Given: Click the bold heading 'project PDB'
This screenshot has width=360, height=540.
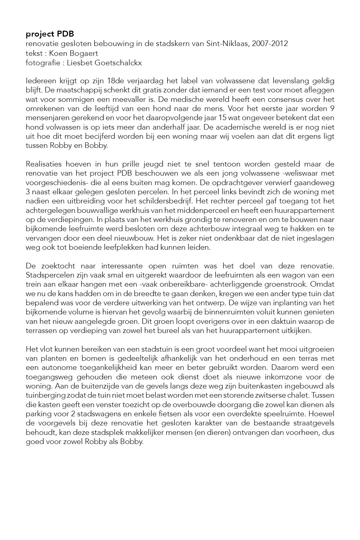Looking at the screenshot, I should pos(50,34).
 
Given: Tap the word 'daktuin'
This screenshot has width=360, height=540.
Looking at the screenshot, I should pos(283,321).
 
